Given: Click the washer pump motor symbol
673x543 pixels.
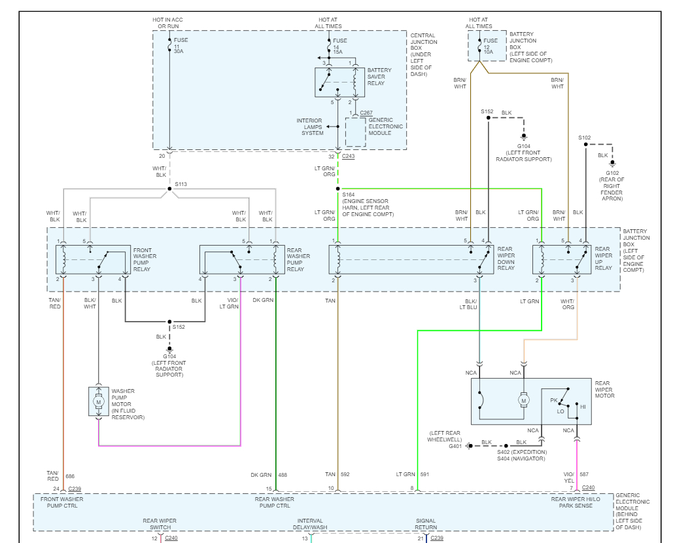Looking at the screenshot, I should click(x=99, y=401).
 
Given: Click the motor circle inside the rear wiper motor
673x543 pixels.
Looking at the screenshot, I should click(x=523, y=399).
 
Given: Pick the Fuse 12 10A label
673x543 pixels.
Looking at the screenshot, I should click(x=491, y=46).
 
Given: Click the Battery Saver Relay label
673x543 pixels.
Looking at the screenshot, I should click(x=379, y=77).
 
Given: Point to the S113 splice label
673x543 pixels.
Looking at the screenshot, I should click(x=181, y=185).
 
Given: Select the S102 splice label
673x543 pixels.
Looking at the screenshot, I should click(x=584, y=138).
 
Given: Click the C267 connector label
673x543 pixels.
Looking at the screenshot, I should click(x=366, y=113).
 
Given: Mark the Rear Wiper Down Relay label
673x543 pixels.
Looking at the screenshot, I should click(x=506, y=259).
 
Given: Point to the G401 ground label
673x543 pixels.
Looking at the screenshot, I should click(x=455, y=447).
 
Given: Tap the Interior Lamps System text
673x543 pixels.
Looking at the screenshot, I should click(x=310, y=126).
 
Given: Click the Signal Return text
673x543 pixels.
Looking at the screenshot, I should click(x=426, y=525).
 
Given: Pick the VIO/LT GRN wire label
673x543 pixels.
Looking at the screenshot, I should click(x=228, y=303).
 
